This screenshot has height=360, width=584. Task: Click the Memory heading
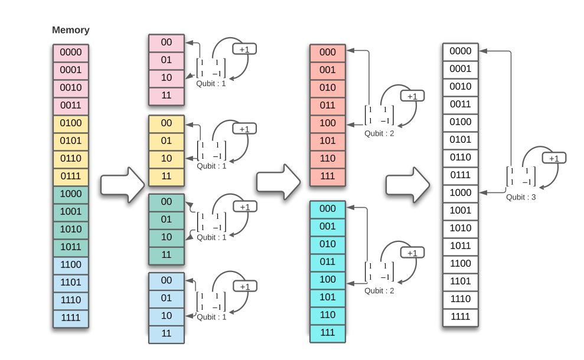pos(71,30)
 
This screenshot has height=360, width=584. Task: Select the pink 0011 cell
pos(71,106)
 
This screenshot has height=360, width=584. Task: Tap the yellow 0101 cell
pos(71,141)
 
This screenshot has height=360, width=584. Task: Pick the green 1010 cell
pos(71,230)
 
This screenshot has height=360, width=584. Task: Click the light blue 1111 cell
pos(71,318)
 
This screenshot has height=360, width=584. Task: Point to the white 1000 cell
pos(461,193)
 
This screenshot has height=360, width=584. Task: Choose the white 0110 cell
pos(461,158)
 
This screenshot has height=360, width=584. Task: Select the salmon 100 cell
pos(328,123)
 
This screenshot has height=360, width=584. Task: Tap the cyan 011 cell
pos(328,262)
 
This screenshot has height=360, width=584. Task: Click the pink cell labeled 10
pos(167,78)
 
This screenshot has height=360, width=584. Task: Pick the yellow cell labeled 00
pos(167,123)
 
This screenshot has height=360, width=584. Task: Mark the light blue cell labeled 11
pos(167,333)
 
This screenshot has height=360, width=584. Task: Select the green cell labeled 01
pos(167,220)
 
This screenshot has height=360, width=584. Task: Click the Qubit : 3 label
pos(521,197)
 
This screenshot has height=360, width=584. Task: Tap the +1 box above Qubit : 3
pos(554,158)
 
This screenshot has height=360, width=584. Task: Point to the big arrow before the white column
pos(408,185)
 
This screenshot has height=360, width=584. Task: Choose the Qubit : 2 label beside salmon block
pos(379,133)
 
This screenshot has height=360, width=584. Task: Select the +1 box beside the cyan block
pos(412,253)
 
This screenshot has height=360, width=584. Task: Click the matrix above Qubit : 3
pos(521,176)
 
